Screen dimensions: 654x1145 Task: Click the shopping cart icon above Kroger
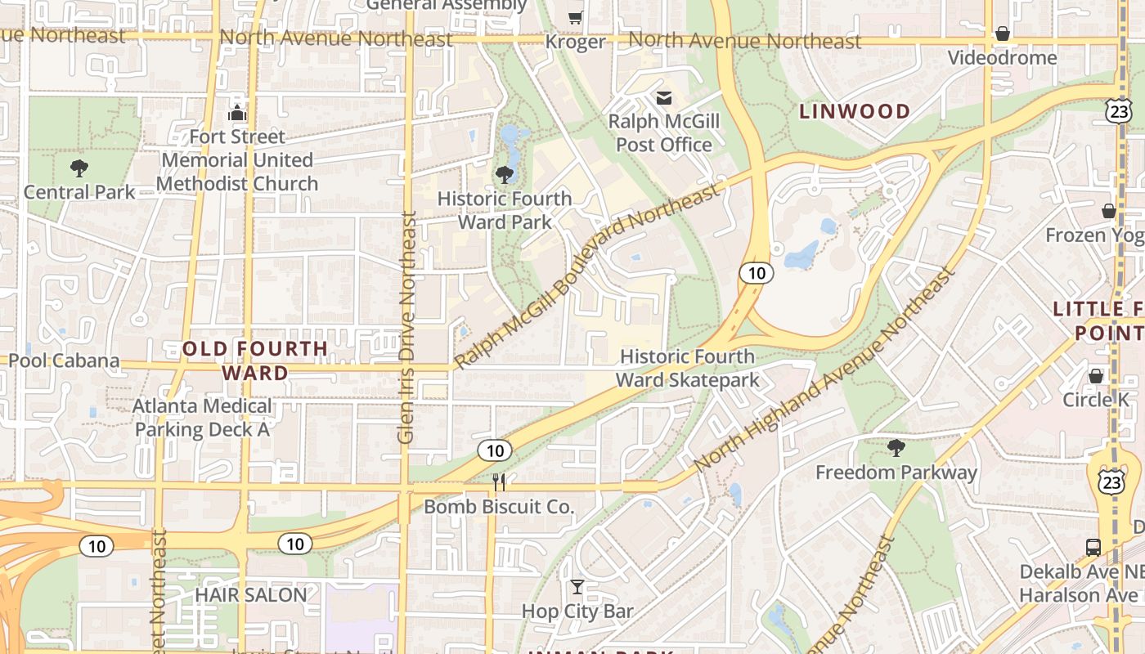[x=576, y=17]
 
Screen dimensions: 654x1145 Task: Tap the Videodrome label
[x=1002, y=58]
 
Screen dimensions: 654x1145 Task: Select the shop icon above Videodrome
[x=1002, y=34]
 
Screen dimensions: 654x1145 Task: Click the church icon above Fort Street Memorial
[x=237, y=112]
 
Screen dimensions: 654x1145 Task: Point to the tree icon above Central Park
[x=79, y=168]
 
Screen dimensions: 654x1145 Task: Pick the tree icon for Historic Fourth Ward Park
[x=505, y=174]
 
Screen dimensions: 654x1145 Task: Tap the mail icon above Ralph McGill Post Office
[x=664, y=98]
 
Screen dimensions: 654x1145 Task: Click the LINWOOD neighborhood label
[x=855, y=111]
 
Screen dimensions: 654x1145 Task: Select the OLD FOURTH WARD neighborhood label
[x=255, y=361]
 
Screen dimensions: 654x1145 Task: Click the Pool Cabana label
[x=64, y=361]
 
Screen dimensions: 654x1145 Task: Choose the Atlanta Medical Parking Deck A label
[x=203, y=417]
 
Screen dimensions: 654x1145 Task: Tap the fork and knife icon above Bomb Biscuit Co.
[x=499, y=482]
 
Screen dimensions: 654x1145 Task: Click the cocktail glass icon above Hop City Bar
[x=577, y=587]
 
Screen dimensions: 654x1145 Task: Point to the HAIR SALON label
[x=250, y=594]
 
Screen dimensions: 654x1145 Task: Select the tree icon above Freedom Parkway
[x=896, y=447]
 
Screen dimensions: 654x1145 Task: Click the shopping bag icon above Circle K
[x=1096, y=376]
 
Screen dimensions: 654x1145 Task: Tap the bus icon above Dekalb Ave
[x=1093, y=547]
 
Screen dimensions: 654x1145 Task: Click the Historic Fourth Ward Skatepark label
[x=687, y=368]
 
